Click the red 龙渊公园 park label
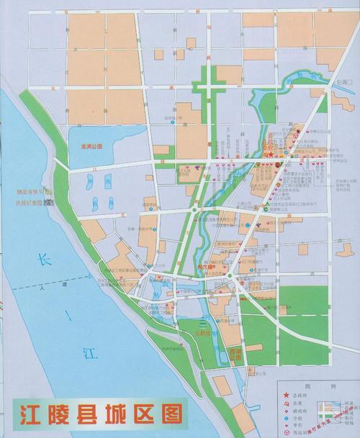coord(92,145)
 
